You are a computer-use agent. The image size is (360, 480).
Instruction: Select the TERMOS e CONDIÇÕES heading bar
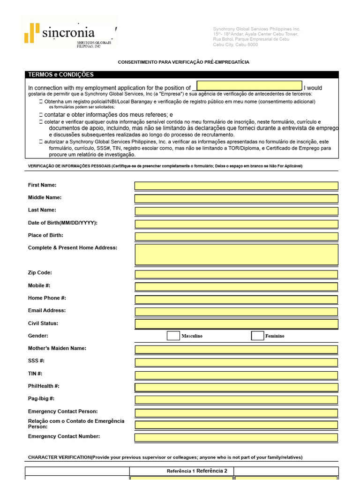[181, 75]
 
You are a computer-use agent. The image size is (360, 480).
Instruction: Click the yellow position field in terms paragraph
[249, 86]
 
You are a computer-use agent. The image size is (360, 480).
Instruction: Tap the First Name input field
[236, 186]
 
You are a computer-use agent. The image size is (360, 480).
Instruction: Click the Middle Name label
[45, 198]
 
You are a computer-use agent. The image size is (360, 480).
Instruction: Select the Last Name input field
[236, 211]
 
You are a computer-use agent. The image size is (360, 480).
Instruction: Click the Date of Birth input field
[236, 224]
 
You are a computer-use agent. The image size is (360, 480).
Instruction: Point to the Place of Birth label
[45, 235]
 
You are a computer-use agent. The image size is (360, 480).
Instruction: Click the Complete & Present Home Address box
[236, 255]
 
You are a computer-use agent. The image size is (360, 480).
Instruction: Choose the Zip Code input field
[236, 274]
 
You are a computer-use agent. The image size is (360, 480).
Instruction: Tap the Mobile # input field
[236, 286]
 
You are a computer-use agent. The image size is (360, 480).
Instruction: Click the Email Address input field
[236, 311]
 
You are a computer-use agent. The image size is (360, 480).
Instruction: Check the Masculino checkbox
[173, 336]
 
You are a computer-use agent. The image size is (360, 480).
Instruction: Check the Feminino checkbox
[257, 336]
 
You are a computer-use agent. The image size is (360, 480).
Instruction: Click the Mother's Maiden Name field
[236, 350]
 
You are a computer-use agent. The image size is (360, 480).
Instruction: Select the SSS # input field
[236, 362]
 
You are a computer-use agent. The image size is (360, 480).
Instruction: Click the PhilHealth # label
[44, 386]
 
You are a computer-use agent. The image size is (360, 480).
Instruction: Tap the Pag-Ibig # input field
[236, 400]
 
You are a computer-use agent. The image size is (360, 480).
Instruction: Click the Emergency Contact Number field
[236, 437]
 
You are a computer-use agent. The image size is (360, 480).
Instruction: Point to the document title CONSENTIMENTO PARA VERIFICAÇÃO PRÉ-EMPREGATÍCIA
[183, 62]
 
